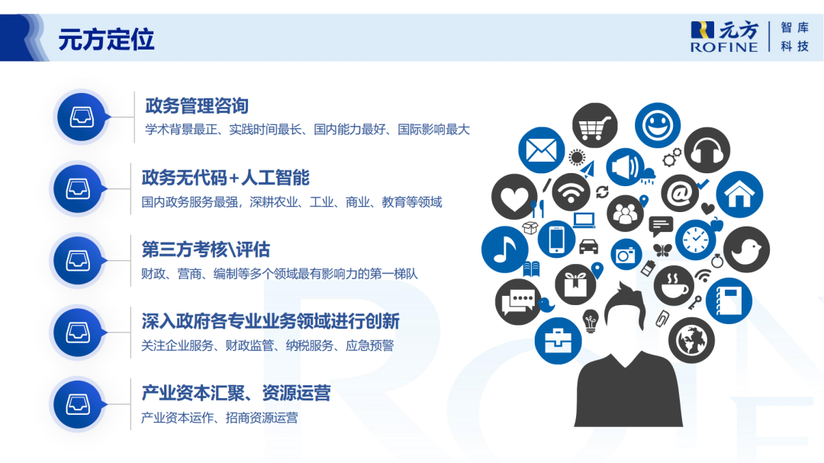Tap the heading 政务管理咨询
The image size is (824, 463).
197,106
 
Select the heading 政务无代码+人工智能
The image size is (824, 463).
225,178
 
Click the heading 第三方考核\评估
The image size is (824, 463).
205,249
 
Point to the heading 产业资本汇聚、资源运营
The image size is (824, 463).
236,393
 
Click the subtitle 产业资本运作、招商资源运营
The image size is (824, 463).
219,417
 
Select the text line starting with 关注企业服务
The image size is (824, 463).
267,346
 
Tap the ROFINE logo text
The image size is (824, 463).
724,47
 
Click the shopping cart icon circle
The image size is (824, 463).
596,126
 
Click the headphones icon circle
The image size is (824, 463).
706,150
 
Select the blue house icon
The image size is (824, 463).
739,194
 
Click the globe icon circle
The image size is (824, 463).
691,339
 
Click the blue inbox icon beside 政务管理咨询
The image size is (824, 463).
80,117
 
